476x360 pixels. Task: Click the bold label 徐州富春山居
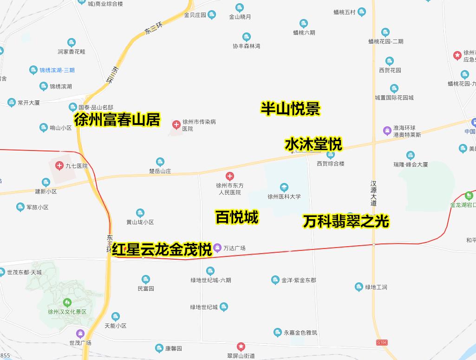click(x=117, y=120)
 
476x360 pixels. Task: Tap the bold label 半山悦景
click(x=290, y=109)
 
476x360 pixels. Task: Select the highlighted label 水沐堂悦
click(x=313, y=144)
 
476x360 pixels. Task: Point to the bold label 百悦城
click(x=237, y=217)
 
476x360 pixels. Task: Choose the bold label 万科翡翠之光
click(x=346, y=221)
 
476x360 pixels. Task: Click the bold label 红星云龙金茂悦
click(x=162, y=249)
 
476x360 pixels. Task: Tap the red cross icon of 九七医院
click(x=59, y=166)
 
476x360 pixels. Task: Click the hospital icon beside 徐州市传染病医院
click(x=176, y=124)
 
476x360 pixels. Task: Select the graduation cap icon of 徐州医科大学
click(x=284, y=188)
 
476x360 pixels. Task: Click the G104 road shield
click(x=381, y=342)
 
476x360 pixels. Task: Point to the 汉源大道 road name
click(x=373, y=193)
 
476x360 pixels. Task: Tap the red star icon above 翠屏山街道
click(x=241, y=347)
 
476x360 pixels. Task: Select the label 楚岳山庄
click(x=160, y=171)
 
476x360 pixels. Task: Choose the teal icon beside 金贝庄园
click(x=212, y=14)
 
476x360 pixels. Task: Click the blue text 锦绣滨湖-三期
click(x=57, y=70)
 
